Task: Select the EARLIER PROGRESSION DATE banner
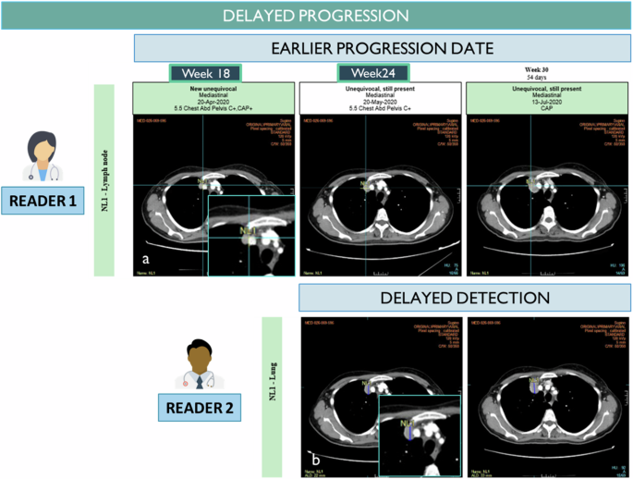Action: pyautogui.click(x=383, y=48)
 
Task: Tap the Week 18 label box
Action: pyautogui.click(x=205, y=73)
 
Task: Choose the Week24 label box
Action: pyautogui.click(x=373, y=73)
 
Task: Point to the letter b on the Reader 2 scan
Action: pyautogui.click(x=316, y=458)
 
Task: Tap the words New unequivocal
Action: pyautogui.click(x=214, y=88)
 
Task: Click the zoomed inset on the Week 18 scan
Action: pyautogui.click(x=248, y=235)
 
